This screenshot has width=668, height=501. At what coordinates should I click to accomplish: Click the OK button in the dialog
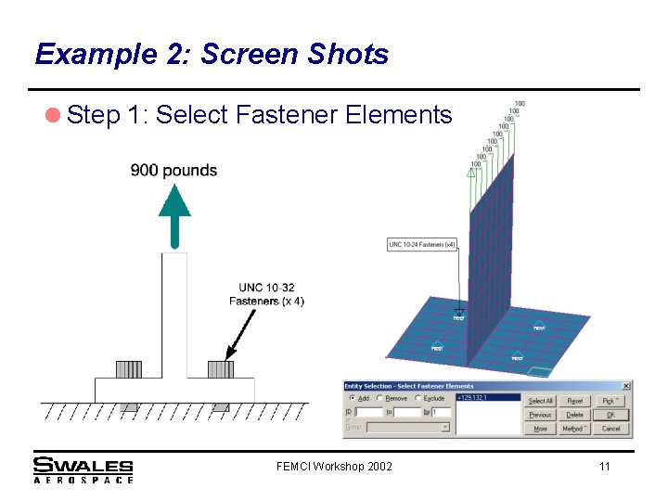coord(610,415)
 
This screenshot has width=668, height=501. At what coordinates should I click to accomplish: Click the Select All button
coord(540,401)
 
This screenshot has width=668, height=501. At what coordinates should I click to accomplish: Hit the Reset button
coord(575,401)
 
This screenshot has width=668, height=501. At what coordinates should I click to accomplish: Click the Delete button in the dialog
coord(575,415)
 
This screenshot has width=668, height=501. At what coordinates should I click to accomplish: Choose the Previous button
coord(540,415)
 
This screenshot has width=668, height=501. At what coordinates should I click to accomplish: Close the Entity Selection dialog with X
coord(626,386)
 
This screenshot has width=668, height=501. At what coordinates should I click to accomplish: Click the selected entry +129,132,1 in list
coord(473,398)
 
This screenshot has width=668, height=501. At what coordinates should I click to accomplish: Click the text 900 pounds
coord(173,170)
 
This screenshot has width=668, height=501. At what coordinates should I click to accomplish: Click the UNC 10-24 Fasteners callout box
coord(422,245)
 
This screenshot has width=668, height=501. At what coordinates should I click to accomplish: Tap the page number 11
coord(605,466)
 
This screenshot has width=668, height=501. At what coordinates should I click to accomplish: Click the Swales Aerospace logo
coord(83,469)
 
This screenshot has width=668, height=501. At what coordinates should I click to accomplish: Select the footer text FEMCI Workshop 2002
coord(334,466)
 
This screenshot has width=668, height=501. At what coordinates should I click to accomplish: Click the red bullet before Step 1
coord(52,115)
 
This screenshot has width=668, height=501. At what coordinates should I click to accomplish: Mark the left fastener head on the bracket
coord(129,369)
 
